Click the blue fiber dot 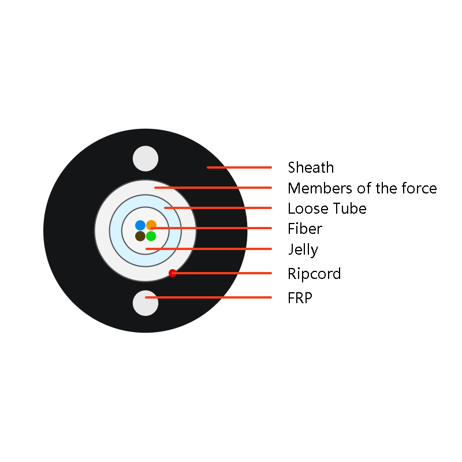tap(140, 225)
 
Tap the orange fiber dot tap(151, 225)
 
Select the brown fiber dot tap(140, 236)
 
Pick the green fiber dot tap(151, 236)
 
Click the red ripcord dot tap(172, 273)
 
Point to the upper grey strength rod tap(146, 158)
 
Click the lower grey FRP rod tap(146, 303)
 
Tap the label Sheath tap(311, 167)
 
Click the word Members tap(320, 188)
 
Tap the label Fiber tap(305, 229)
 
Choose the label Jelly tap(303, 250)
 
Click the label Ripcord tap(314, 274)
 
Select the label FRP tap(300, 298)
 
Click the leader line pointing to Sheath tap(239, 167)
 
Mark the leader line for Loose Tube tap(218, 208)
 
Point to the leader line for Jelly tap(208, 249)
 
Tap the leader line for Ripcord tap(222, 273)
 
